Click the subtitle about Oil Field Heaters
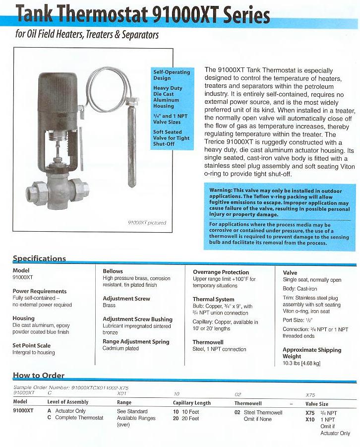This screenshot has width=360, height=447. tap(86, 35)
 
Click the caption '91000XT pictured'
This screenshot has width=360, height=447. tap(147, 223)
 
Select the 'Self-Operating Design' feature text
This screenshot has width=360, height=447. tap(172, 75)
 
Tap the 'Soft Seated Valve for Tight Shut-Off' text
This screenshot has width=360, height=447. tap(172, 138)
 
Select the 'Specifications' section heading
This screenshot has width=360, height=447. tap(39, 258)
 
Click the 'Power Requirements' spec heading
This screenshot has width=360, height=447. tap(40, 291)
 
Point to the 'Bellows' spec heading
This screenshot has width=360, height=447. tap(113, 271)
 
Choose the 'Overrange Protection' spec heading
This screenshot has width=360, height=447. tap(221, 272)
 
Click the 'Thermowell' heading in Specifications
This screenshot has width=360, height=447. tap(208, 342)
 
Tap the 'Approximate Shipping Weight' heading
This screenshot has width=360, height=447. tap(312, 353)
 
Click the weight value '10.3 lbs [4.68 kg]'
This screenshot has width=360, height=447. tap(301, 364)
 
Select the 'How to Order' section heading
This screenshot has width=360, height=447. tap(38, 376)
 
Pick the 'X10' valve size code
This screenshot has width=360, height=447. tap(310, 420)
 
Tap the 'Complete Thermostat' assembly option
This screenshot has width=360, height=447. tap(79, 418)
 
